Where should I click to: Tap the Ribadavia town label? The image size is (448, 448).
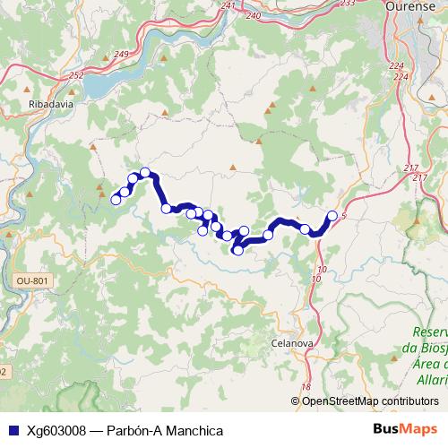click(43, 103)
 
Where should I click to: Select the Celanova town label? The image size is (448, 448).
click(290, 342)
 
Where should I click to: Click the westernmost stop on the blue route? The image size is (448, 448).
click(116, 200)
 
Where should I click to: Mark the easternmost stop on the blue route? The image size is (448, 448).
click(332, 215)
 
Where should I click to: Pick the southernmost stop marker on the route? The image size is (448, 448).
click(237, 250)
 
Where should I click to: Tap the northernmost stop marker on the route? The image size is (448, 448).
click(144, 172)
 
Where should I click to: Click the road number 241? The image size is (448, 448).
click(228, 6)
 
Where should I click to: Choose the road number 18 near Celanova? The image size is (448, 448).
click(306, 386)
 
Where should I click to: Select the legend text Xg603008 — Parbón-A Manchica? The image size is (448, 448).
click(125, 430)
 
